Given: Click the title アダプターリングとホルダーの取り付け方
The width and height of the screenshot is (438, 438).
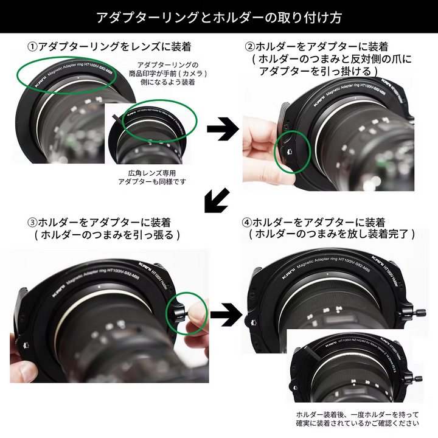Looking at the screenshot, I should [x=219, y=17].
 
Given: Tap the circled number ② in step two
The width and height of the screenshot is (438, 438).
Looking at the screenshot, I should [x=250, y=47].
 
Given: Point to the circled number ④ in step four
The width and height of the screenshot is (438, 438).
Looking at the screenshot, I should [x=246, y=222].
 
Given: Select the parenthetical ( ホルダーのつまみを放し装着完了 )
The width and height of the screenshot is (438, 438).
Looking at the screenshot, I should [x=332, y=234].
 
